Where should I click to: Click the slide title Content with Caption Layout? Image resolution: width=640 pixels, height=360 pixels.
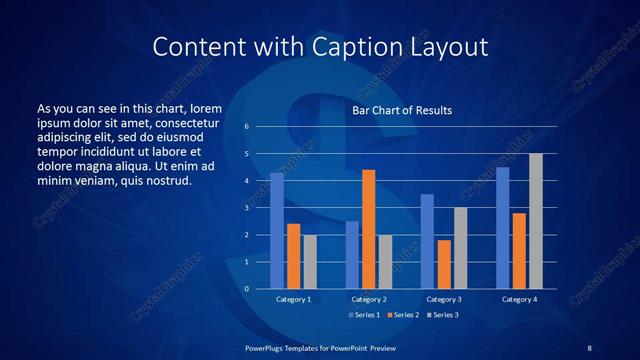click(x=319, y=46)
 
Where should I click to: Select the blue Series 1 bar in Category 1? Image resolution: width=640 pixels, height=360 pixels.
click(x=277, y=231)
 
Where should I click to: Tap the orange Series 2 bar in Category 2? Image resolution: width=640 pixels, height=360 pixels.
click(x=368, y=229)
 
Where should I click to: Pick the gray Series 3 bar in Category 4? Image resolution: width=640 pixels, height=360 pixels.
click(x=536, y=221)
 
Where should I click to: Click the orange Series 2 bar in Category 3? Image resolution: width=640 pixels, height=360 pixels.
click(x=444, y=264)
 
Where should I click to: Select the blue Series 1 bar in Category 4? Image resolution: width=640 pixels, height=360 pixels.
click(x=502, y=228)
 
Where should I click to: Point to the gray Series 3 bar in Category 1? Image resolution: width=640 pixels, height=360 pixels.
click(x=310, y=262)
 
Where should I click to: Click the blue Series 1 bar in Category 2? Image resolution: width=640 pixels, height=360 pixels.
click(x=352, y=255)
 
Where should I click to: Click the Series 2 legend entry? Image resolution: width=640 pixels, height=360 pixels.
click(x=402, y=315)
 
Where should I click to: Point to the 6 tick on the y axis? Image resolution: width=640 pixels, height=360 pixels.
click(x=246, y=127)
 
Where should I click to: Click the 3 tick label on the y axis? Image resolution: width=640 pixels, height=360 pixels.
click(x=246, y=208)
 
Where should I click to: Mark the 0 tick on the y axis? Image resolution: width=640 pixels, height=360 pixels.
click(x=246, y=289)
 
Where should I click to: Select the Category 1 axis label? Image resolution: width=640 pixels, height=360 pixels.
click(x=293, y=299)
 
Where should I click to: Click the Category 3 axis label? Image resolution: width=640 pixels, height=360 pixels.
click(x=444, y=299)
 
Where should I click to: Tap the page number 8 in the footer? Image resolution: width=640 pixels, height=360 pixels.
click(x=589, y=346)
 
